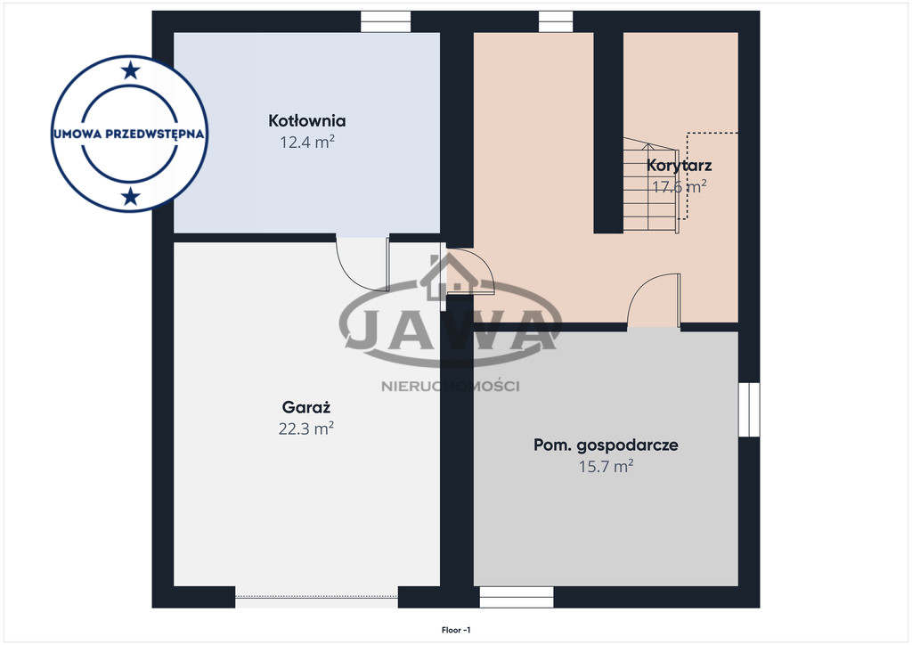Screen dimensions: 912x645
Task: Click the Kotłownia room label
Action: (x=307, y=120)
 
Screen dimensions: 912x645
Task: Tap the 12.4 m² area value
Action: (x=307, y=142)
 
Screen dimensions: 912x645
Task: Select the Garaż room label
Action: (x=306, y=406)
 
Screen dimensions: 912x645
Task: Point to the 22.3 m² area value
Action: (x=306, y=429)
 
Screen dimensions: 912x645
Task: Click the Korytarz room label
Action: (x=679, y=165)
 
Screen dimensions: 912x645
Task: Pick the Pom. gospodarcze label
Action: (x=606, y=445)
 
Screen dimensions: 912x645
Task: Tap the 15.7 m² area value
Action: (x=606, y=467)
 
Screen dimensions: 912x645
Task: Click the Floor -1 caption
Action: (x=456, y=630)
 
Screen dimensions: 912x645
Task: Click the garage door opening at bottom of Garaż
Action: (x=317, y=597)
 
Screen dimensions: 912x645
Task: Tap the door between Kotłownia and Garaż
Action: (x=362, y=264)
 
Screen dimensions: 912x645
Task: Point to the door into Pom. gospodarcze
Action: (x=654, y=301)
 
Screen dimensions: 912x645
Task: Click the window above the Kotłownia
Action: (x=386, y=22)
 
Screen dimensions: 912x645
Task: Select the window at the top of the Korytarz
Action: (x=556, y=22)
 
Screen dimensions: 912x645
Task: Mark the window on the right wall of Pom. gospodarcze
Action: (x=749, y=410)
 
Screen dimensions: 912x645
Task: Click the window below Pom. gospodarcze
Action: (x=517, y=597)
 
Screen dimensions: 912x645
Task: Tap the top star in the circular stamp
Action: (x=131, y=71)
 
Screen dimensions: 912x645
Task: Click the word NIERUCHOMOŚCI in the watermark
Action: (x=450, y=386)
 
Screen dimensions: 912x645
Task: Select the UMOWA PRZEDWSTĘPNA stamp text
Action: (x=129, y=134)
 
